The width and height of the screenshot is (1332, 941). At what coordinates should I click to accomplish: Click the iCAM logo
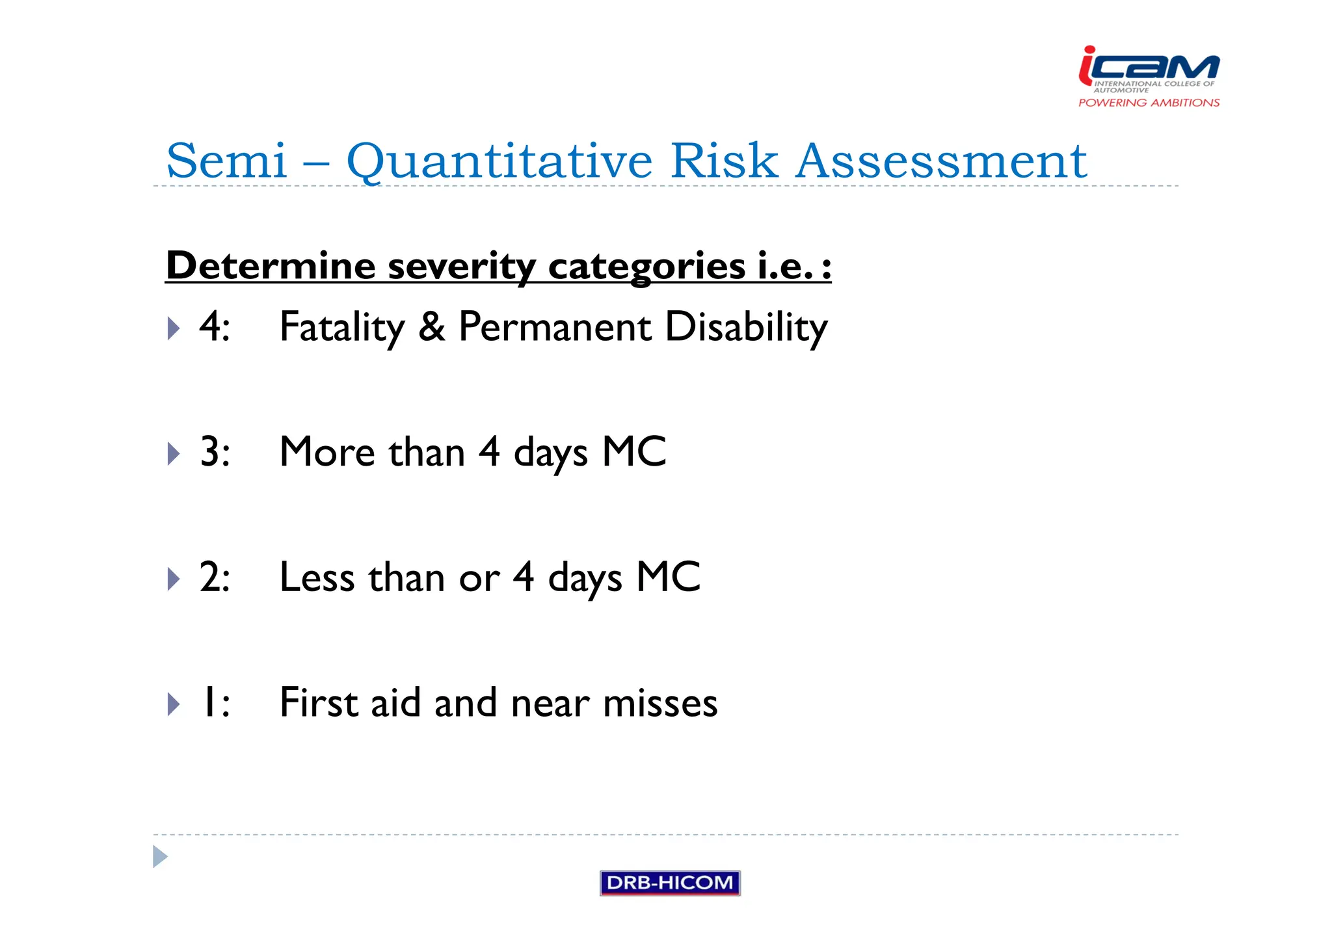[1149, 68]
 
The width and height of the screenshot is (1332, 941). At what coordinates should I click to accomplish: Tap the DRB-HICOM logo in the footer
[670, 882]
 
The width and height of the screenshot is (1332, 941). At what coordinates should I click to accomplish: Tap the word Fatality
[342, 327]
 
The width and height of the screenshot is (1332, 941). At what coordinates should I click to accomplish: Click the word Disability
[746, 327]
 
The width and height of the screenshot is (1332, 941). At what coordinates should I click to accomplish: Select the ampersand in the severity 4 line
[432, 326]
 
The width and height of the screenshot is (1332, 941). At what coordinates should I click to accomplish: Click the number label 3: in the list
[215, 451]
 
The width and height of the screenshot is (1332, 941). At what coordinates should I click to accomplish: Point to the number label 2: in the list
[215, 577]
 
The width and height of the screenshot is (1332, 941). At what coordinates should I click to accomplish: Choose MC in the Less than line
[668, 577]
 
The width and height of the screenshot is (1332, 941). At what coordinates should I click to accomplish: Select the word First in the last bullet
[319, 702]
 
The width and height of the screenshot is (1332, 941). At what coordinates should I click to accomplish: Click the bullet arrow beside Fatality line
[173, 328]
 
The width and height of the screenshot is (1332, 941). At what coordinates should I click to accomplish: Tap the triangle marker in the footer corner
[160, 856]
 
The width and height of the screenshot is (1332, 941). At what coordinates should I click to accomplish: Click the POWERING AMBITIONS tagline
[1149, 103]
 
